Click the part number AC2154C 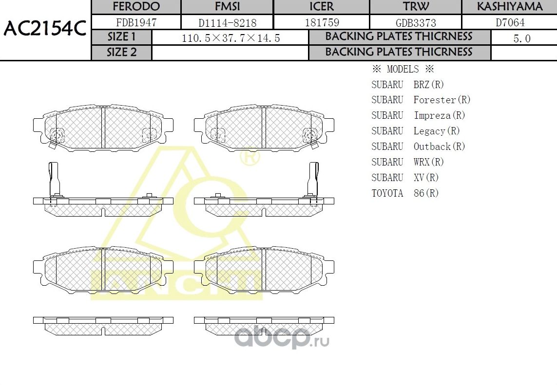(45, 30)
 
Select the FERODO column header (136, 7)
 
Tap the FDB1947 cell (136, 22)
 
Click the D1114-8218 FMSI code (227, 22)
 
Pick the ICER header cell (322, 7)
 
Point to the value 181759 (322, 22)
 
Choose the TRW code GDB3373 (416, 22)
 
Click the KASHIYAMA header (509, 7)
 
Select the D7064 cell (510, 22)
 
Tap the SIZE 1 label (122, 37)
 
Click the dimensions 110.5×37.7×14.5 (230, 38)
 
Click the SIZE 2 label (122, 53)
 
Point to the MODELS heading (403, 69)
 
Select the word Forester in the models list (434, 100)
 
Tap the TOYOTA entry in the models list (387, 193)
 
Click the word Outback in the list (432, 147)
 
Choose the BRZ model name (422, 85)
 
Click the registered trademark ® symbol (250, 157)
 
